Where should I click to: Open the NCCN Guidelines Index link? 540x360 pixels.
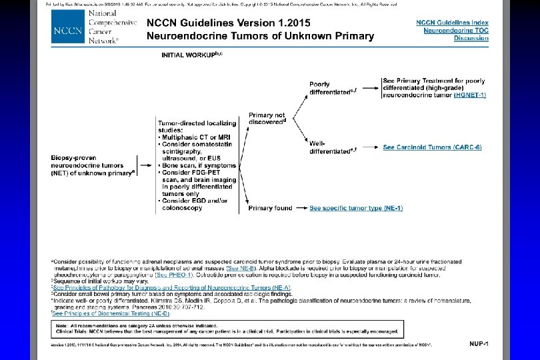(452, 22)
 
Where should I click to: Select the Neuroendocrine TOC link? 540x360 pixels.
(453, 30)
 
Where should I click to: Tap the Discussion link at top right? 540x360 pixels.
(471, 38)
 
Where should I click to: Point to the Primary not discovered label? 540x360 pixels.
(267, 118)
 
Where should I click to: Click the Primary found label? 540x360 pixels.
(270, 208)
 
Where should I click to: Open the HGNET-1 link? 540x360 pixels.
(471, 95)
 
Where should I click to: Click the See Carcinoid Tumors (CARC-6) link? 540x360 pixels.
(432, 147)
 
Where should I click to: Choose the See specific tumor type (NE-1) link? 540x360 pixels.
(356, 208)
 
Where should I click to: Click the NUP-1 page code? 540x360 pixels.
(479, 343)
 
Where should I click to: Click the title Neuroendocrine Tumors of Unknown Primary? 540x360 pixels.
(260, 36)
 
